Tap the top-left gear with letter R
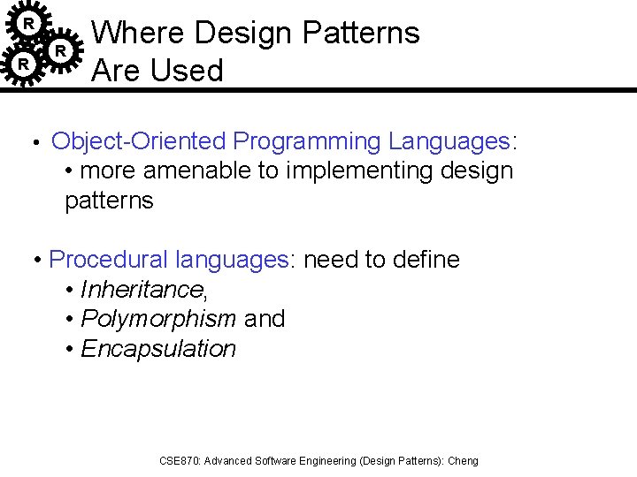point(29,22)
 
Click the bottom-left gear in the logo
point(25,64)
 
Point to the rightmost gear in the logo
point(59,51)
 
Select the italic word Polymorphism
point(158,319)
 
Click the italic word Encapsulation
point(158,349)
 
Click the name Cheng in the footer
point(463,461)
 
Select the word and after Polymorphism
point(265,319)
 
